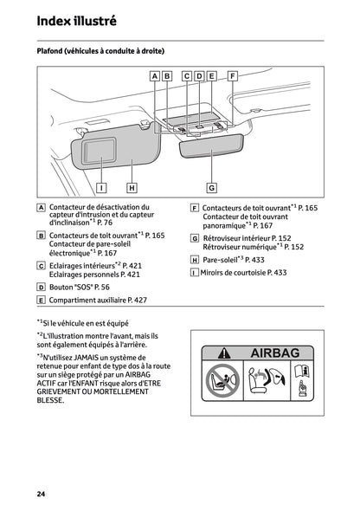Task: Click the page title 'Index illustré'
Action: pos(76,20)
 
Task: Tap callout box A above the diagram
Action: pos(154,76)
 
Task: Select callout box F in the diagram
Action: pos(232,76)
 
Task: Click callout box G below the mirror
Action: pos(211,186)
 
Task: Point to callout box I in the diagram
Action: pos(101,186)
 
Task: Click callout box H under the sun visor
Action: pos(132,186)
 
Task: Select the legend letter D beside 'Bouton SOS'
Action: pos(42,286)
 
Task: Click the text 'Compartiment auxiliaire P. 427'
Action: pos(98,300)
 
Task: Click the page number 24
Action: pos(41,493)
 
